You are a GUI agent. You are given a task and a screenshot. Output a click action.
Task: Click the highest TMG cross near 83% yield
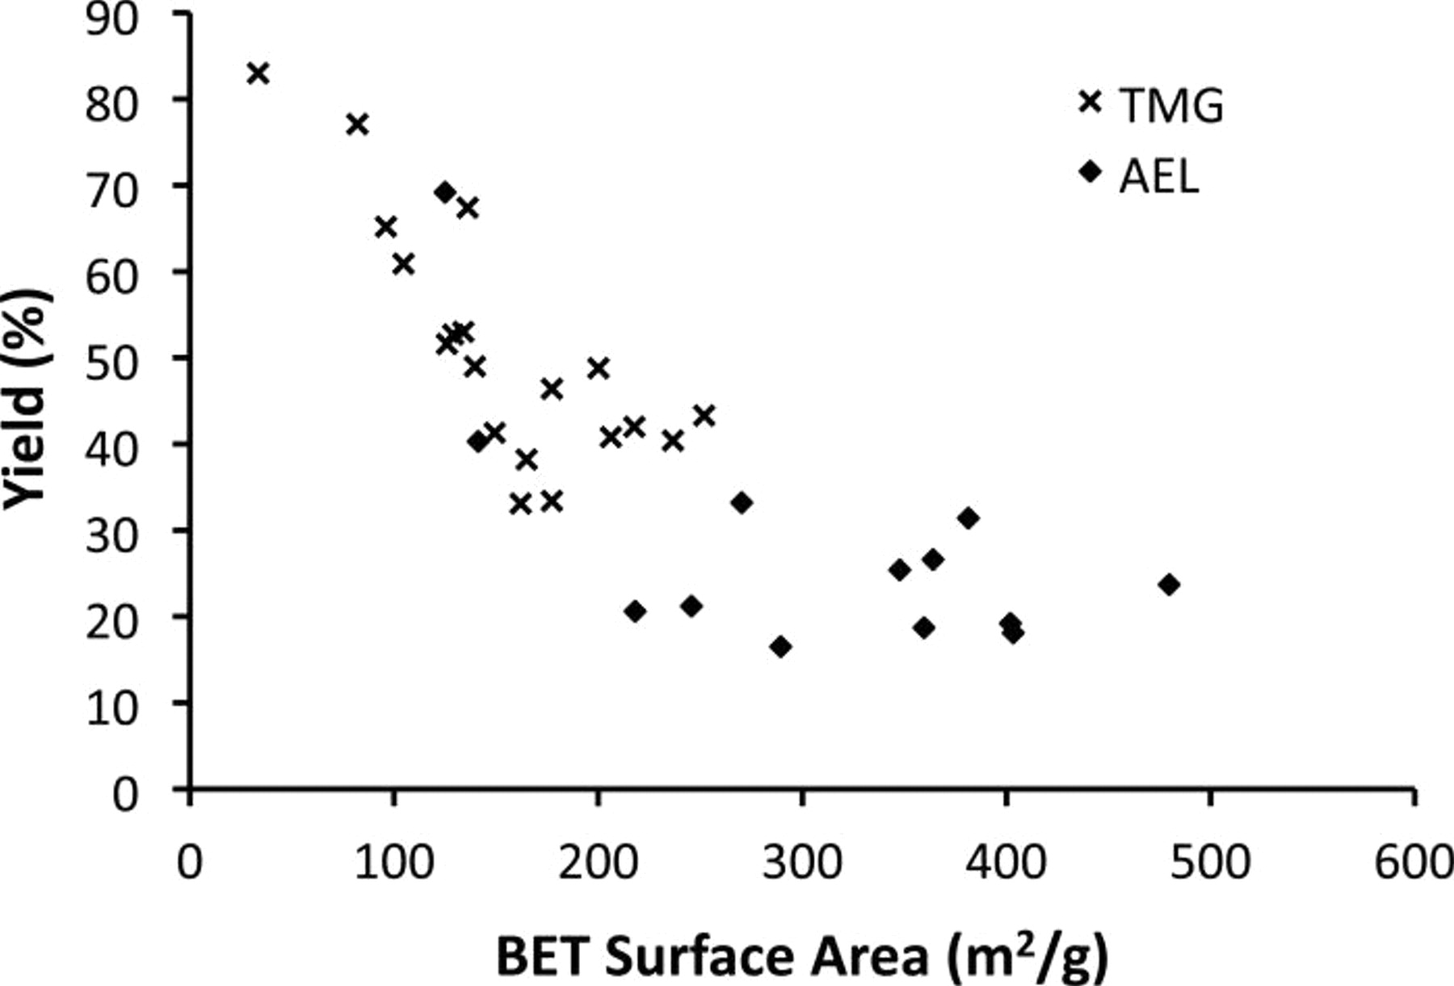pyautogui.click(x=258, y=73)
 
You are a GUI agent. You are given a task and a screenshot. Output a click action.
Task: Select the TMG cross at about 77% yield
pyautogui.click(x=357, y=124)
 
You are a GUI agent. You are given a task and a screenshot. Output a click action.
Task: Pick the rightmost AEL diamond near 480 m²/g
pyautogui.click(x=1169, y=585)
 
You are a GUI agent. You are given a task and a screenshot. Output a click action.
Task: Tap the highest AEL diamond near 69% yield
pyautogui.click(x=445, y=192)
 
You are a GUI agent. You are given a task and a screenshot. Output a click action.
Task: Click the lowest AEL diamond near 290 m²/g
pyautogui.click(x=780, y=646)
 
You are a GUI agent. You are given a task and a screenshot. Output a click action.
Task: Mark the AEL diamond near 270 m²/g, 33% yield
pyautogui.click(x=742, y=503)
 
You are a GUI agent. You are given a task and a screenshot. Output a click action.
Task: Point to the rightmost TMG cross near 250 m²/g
pyautogui.click(x=704, y=416)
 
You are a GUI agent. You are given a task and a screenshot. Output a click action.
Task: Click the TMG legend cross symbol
pyautogui.click(x=1090, y=103)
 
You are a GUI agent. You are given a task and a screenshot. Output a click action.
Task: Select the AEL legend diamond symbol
pyautogui.click(x=1090, y=171)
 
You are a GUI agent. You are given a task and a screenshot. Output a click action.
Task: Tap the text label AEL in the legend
pyautogui.click(x=1159, y=175)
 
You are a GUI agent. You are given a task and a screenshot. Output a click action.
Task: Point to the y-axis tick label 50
pyautogui.click(x=111, y=361)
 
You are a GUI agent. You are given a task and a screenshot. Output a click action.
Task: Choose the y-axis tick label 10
pyautogui.click(x=111, y=707)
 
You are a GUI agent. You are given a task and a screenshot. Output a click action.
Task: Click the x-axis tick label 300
pyautogui.click(x=801, y=862)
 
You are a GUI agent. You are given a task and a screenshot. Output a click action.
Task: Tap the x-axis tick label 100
pyautogui.click(x=393, y=862)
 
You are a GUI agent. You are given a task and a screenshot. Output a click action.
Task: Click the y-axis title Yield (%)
pyautogui.click(x=26, y=400)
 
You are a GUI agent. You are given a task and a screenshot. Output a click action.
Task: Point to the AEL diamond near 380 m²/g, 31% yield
pyautogui.click(x=968, y=518)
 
